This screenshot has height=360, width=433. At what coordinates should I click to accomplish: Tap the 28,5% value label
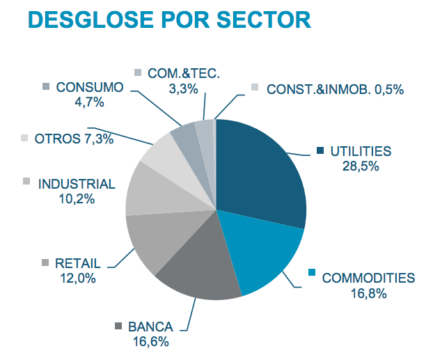[360, 165]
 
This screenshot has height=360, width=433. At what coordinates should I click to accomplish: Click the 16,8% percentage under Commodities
[368, 293]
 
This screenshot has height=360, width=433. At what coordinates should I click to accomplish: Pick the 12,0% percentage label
[78, 279]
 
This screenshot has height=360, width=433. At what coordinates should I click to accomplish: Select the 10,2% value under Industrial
[77, 198]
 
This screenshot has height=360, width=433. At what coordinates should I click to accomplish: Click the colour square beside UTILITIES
[320, 150]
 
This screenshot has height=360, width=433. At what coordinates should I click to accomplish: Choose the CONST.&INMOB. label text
[311, 88]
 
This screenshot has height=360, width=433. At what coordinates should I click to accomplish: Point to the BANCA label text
[150, 326]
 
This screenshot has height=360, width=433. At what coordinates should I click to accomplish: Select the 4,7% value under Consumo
[89, 103]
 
